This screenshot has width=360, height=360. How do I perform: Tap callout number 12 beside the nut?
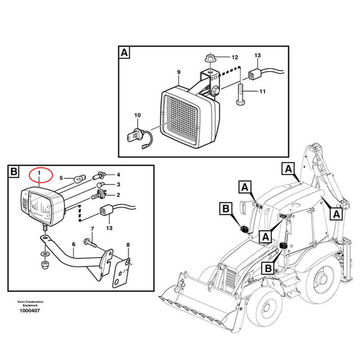coord(235,57)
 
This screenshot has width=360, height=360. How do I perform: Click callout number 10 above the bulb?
coord(136,116)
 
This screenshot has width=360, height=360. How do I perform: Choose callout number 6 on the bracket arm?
coord(73,244)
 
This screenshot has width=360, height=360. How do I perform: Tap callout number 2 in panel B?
coord(119,194)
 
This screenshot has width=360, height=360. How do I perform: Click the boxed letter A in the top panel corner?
coord(124,53)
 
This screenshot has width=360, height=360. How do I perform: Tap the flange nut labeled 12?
coord(209,57)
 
